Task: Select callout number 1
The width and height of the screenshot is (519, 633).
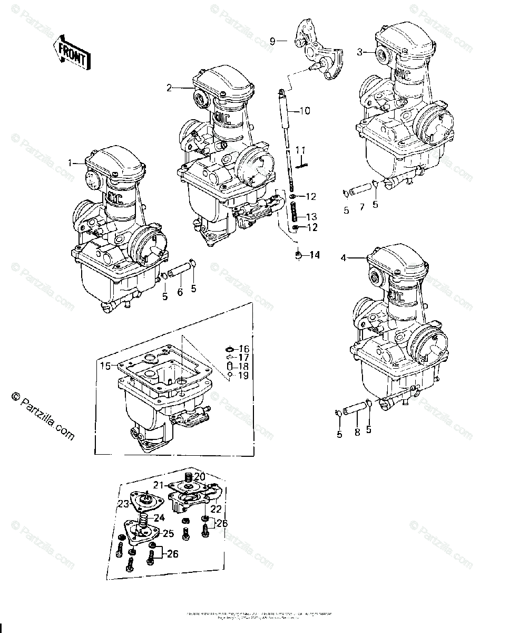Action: point(70,163)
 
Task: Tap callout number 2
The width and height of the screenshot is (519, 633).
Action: point(169,88)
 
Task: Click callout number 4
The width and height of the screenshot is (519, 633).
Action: point(343,258)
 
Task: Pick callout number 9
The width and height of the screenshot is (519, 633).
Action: point(272,41)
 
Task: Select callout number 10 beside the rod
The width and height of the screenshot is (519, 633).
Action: point(306,111)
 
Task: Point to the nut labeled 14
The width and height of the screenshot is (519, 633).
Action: point(298,255)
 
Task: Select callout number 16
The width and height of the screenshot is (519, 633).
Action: point(243,349)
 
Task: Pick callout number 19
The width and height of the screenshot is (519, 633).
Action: point(243,376)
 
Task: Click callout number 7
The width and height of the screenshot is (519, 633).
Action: point(362,207)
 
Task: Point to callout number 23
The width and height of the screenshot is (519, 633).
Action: point(123,504)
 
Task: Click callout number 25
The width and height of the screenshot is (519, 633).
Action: point(168,533)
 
